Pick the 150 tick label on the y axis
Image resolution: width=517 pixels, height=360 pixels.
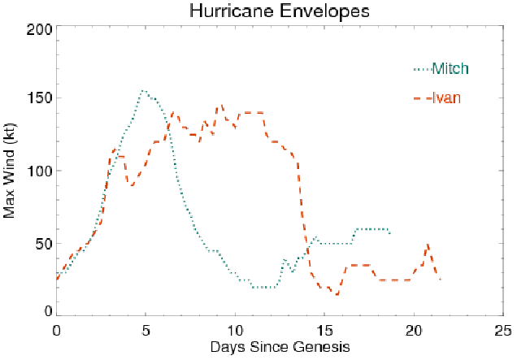(40, 99)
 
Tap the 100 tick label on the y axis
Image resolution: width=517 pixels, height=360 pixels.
(40, 171)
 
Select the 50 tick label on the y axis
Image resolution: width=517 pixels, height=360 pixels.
(44, 243)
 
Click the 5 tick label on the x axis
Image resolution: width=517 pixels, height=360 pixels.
(146, 331)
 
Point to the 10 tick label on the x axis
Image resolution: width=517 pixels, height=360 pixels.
(235, 331)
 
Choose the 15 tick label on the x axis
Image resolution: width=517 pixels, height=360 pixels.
(324, 331)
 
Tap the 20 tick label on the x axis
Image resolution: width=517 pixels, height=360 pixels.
(414, 331)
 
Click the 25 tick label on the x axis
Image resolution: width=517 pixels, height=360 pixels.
(503, 331)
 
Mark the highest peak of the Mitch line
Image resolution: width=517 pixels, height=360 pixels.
(143, 91)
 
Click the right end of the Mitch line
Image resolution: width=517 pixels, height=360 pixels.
(390, 233)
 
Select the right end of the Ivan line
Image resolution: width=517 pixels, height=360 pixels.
(441, 280)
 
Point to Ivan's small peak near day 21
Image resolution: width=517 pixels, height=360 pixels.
(428, 245)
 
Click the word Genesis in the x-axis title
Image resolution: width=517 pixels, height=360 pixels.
(324, 348)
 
